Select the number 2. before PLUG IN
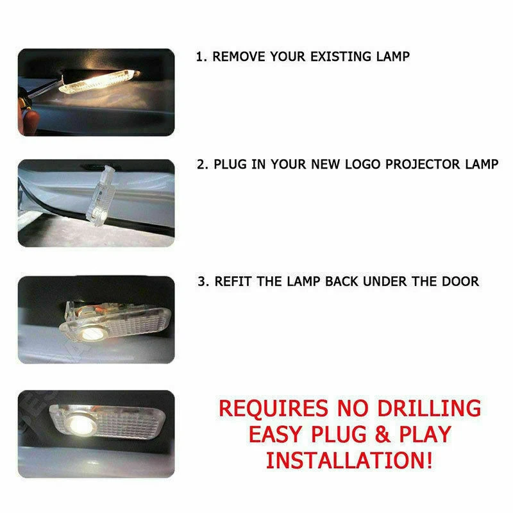tap(202, 164)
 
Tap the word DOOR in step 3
tap(461, 281)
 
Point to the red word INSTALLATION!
tap(349, 460)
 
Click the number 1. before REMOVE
tap(201, 56)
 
